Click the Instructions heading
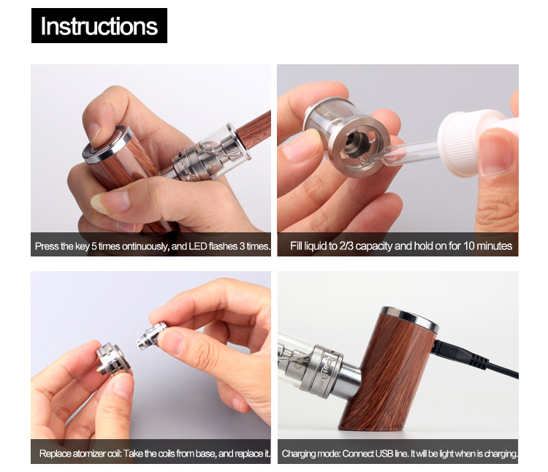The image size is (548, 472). pos(99,26)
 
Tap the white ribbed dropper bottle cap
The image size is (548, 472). pos(462,142)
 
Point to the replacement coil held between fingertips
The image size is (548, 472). pos(151,336)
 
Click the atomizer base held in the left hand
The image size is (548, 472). pos(113,361)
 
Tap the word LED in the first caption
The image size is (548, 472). pos(198,246)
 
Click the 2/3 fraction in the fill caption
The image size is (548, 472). pos(346,246)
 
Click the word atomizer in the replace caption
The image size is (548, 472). pos(89,454)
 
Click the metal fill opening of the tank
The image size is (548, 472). pos(358,144)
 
